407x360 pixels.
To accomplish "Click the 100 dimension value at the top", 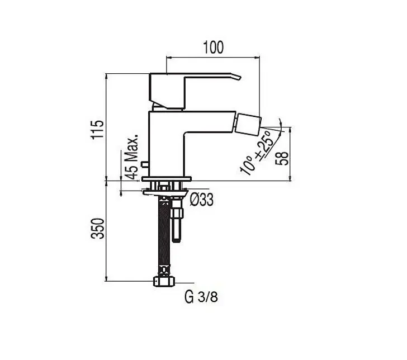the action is (213, 48).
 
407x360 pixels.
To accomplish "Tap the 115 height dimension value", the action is (97, 130).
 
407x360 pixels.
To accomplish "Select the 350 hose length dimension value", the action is (97, 229).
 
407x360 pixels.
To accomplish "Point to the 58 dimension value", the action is (282, 158).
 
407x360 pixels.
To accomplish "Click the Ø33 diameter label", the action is (201, 200).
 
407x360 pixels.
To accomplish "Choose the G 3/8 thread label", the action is (201, 297).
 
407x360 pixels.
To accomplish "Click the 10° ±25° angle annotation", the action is (255, 153).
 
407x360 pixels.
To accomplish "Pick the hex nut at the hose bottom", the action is (164, 281).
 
